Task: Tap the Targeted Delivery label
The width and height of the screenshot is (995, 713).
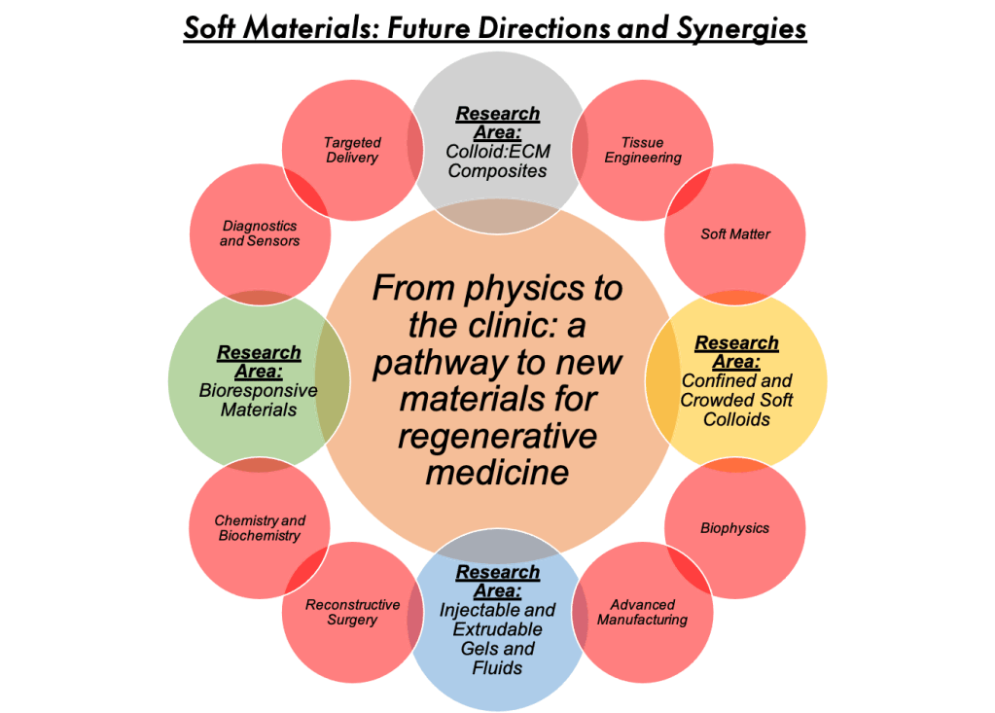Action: tap(352, 150)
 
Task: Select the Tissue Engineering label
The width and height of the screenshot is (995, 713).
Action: tap(643, 150)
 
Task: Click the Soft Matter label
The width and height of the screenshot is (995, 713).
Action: tap(735, 234)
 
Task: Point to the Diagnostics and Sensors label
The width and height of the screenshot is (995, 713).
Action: tap(260, 233)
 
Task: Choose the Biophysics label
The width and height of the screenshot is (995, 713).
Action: tap(734, 528)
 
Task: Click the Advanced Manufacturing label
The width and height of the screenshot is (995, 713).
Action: tap(642, 612)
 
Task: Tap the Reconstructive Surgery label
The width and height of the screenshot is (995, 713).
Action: tap(352, 612)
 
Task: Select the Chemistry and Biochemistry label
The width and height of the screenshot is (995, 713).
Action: tap(259, 528)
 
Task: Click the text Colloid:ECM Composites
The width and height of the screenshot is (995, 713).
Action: tap(497, 161)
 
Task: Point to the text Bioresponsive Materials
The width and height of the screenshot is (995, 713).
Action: tap(258, 400)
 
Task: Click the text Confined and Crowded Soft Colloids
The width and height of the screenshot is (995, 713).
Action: tap(736, 400)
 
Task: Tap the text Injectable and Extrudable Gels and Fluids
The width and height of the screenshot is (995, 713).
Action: tap(497, 639)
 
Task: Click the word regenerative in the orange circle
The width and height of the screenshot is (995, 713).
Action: tap(497, 435)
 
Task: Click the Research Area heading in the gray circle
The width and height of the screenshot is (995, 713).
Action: tap(497, 124)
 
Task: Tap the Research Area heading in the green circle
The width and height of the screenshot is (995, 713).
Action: tap(258, 362)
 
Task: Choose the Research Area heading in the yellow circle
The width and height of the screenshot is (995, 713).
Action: tap(736, 352)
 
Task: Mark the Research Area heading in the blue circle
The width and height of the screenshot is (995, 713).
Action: tap(497, 582)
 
